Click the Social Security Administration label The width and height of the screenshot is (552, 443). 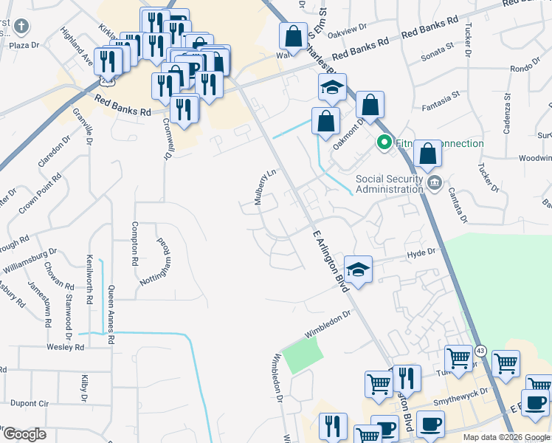390,183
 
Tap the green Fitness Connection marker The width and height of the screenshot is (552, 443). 384,142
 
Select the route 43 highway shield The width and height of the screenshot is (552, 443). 480,349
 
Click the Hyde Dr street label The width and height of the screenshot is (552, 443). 422,253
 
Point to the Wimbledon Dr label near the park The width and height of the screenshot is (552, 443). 325,323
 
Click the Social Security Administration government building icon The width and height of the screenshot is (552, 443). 434,183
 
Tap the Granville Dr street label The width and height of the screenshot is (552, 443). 83,126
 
